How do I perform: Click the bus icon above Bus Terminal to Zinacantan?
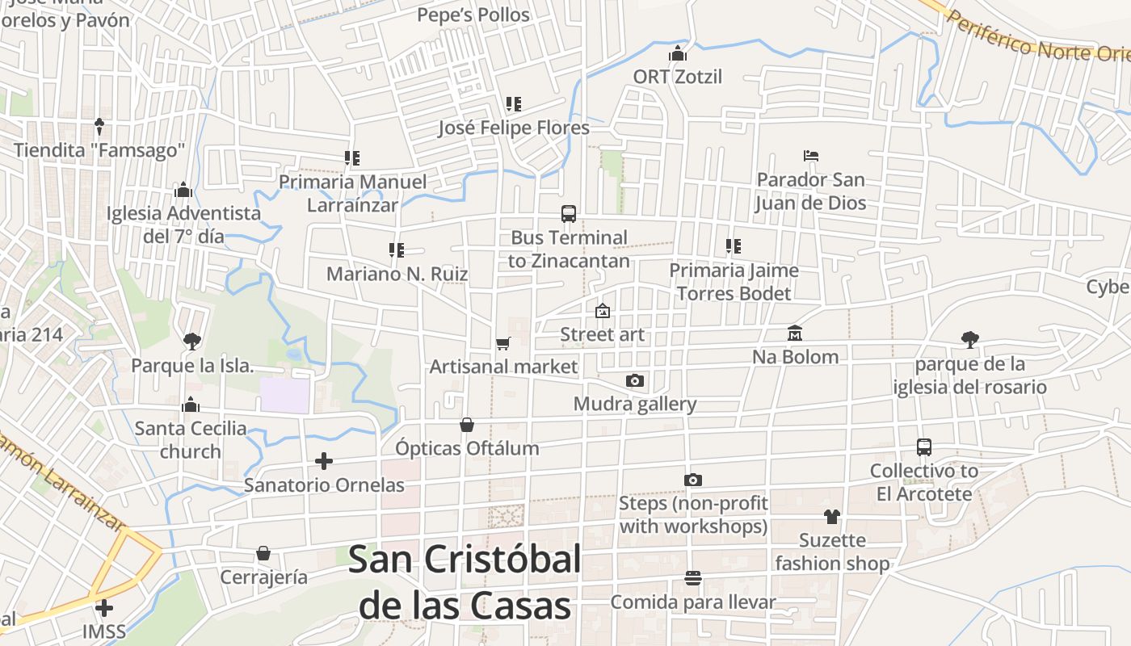[569, 214]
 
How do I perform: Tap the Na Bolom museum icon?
[795, 333]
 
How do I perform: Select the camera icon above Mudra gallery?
[635, 380]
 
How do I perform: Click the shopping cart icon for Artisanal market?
[503, 344]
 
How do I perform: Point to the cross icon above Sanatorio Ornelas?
[324, 461]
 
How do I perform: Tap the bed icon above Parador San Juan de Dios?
[811, 156]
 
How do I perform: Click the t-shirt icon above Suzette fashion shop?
[832, 517]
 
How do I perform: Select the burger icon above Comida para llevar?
[692, 578]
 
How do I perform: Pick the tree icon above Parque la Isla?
[191, 342]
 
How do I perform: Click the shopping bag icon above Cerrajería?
[263, 554]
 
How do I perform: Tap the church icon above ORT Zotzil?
[677, 54]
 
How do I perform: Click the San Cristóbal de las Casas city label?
[465, 582]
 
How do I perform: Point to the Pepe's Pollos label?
[473, 15]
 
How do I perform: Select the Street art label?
[603, 334]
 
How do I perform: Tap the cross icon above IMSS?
[104, 607]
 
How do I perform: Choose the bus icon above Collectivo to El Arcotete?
[924, 447]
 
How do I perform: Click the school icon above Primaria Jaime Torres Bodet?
[734, 246]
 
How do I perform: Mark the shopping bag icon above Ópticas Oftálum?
[467, 425]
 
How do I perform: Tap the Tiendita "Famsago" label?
[99, 150]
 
